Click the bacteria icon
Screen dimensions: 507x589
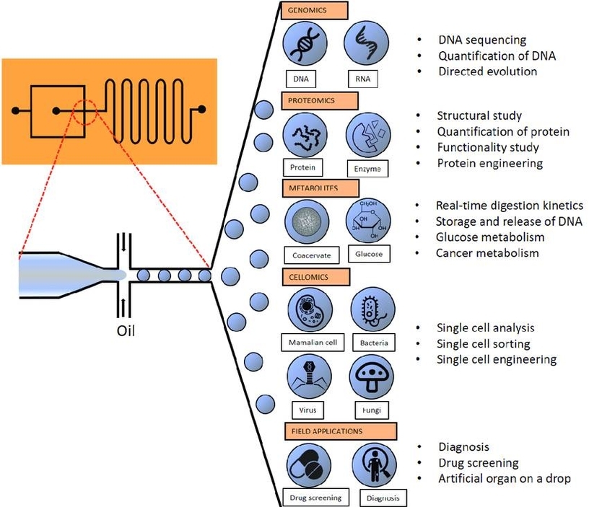[x=372, y=309]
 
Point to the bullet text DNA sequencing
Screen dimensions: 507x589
[x=482, y=40]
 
